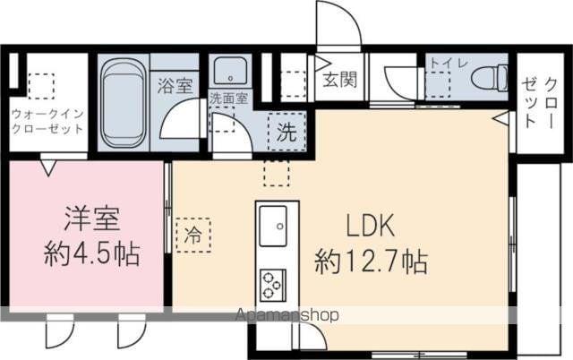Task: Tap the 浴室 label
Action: click(x=175, y=86)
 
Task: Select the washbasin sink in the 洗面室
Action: click(x=226, y=71)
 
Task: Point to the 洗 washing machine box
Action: click(x=286, y=134)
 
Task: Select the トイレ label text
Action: click(x=445, y=63)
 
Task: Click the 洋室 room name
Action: click(x=90, y=219)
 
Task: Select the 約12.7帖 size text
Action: click(x=370, y=261)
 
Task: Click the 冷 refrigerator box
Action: click(x=193, y=236)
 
